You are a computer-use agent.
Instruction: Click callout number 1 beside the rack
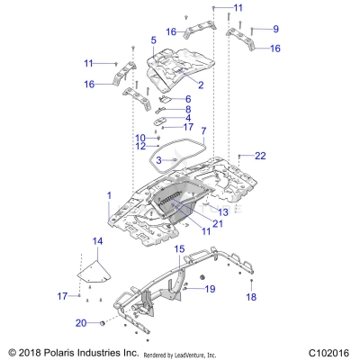(109, 195)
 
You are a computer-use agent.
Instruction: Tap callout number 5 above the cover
(154, 40)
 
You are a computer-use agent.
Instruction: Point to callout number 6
(188, 99)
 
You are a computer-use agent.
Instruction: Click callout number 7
(202, 131)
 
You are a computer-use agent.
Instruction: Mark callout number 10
(141, 137)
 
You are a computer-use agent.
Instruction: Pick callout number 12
(141, 146)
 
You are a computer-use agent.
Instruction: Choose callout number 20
(81, 322)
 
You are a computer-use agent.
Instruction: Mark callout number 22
(260, 156)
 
